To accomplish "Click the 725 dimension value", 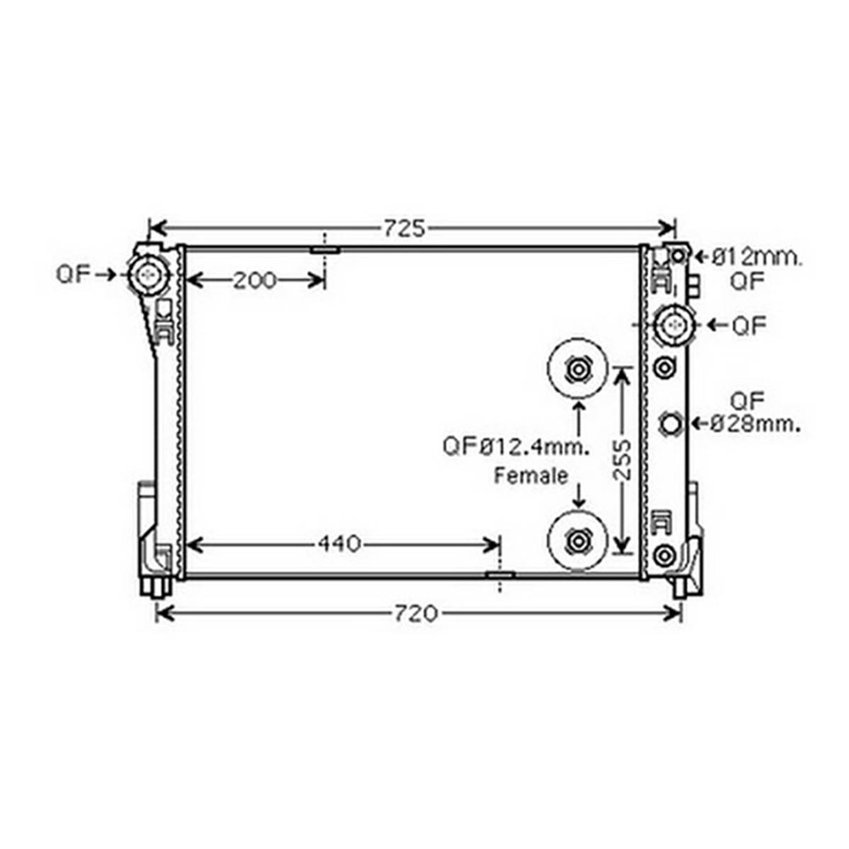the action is pyautogui.click(x=405, y=228).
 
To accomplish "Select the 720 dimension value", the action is pyautogui.click(x=415, y=614).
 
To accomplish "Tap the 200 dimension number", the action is pyautogui.click(x=254, y=281).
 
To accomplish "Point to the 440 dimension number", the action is pyautogui.click(x=339, y=544).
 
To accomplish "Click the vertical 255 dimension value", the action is pyautogui.click(x=623, y=460).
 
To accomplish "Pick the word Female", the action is pyautogui.click(x=532, y=476).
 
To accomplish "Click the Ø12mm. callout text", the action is pyautogui.click(x=756, y=258).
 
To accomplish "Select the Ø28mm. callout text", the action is pyautogui.click(x=756, y=424).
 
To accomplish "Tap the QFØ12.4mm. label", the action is pyautogui.click(x=516, y=446).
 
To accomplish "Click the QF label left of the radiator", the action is pyautogui.click(x=73, y=275).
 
